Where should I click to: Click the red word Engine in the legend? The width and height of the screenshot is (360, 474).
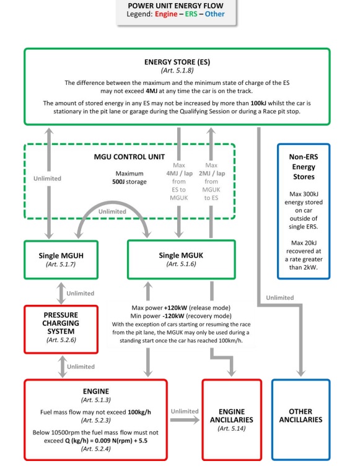coord(166,14)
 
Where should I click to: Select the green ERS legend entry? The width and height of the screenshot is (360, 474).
coord(191,14)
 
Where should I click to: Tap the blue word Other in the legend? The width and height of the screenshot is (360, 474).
coord(214,14)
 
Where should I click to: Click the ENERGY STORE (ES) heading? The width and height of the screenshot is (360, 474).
coord(177,62)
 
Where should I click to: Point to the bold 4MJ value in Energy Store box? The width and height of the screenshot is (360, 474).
coord(151,91)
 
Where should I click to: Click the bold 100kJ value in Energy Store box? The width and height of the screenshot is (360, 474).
coord(258,103)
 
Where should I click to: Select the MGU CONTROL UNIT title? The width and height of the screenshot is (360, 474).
coord(130,157)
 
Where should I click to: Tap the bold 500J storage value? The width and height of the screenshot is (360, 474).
coord(130,182)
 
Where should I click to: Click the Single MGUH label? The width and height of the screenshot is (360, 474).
coord(61,256)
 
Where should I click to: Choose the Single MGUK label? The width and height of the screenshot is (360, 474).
coord(181,255)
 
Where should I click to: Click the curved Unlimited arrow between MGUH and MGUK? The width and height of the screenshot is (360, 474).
coord(112,202)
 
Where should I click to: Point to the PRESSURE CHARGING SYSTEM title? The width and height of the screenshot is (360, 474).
coord(61,323)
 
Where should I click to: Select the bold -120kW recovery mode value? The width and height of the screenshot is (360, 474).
coord(173,316)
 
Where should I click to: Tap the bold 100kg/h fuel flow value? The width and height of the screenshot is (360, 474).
coord(139,412)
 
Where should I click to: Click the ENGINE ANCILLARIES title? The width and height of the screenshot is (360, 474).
coord(232,416)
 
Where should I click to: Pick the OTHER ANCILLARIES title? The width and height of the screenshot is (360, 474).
coord(301,416)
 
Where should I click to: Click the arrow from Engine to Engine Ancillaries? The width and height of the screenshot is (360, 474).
coord(185,420)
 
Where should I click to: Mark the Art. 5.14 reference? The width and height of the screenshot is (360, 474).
coord(232,428)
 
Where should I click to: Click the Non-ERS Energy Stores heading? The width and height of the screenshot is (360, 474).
coord(304,167)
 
